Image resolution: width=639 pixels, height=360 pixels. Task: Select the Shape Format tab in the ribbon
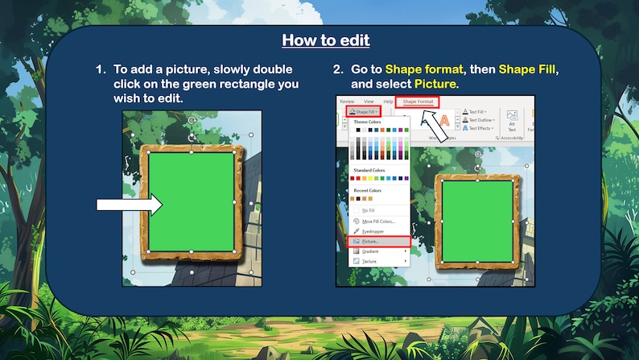[418, 101]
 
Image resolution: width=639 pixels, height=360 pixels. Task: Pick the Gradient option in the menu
[370, 251]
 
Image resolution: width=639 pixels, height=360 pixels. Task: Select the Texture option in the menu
[369, 262]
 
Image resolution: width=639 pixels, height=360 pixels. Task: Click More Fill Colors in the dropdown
[377, 221]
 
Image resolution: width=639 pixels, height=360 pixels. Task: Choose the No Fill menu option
[368, 210]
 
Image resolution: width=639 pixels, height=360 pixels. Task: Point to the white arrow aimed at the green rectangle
[129, 205]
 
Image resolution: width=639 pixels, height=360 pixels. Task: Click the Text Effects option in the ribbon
[480, 129]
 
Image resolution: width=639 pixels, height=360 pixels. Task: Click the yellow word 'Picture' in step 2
[435, 84]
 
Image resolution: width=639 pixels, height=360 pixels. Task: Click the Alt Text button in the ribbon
[512, 121]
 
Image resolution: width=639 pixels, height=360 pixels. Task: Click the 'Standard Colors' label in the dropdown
[370, 171]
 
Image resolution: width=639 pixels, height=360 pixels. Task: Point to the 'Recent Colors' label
[368, 190]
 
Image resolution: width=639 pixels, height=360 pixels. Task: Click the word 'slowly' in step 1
[233, 69]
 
